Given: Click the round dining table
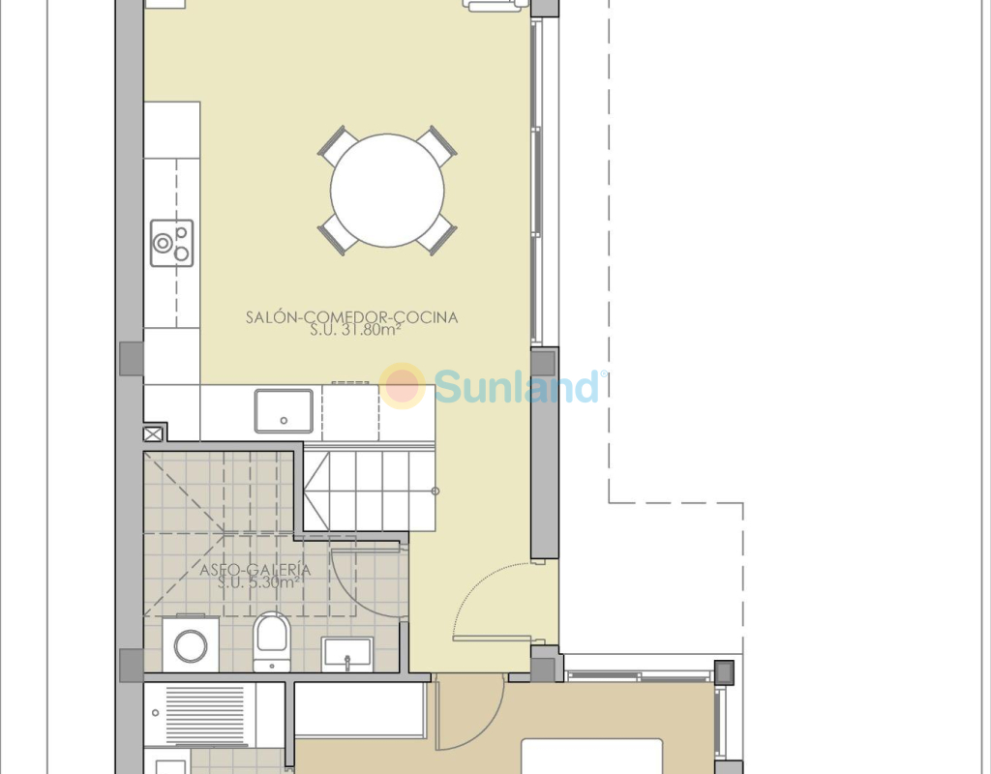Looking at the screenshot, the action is tap(387, 191).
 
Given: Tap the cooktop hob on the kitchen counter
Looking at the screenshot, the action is tap(172, 243).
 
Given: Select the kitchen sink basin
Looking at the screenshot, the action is tap(284, 410).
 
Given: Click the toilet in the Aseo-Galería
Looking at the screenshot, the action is tap(272, 641).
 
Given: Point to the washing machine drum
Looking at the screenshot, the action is tap(191, 646).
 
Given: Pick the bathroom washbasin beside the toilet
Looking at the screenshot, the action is tap(347, 655).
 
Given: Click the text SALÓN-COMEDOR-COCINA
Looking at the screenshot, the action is tap(351, 317).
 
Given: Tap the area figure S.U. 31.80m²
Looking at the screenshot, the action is tap(356, 330).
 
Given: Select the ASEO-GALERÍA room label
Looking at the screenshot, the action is tap(255, 570).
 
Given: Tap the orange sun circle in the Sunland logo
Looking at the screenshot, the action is tap(403, 385).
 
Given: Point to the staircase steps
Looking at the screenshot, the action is tap(370, 491).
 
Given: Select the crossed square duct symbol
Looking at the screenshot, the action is tap(153, 434).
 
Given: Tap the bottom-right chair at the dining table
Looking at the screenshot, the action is tap(436, 235).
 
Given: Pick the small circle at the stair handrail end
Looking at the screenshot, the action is tap(435, 491).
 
